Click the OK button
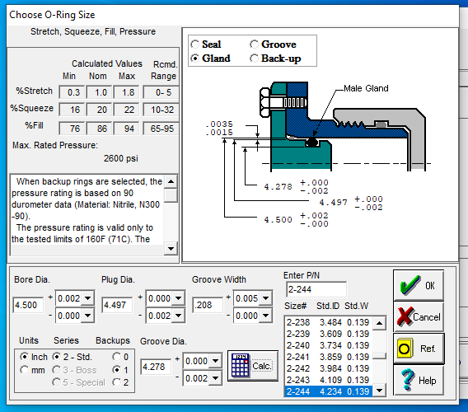pos(419,285)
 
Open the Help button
pos(419,380)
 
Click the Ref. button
pos(419,349)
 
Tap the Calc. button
pos(252,366)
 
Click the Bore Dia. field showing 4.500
pos(28,305)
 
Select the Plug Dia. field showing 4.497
pos(117,305)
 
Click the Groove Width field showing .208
pos(208,305)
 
